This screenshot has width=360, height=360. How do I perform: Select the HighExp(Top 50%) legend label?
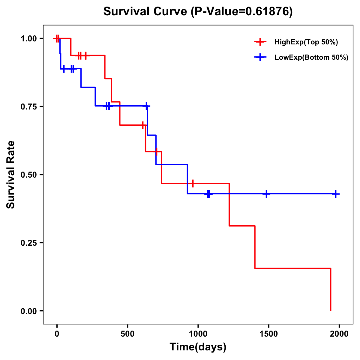[x=306, y=42]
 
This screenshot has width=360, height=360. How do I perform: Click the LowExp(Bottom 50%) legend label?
[x=311, y=58]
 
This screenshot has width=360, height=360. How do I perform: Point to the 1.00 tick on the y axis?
[x=28, y=39]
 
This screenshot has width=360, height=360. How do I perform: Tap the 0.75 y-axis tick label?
[x=28, y=106]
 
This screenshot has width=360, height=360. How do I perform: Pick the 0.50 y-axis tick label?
[x=28, y=175]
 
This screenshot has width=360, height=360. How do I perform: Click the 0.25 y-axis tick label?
[x=28, y=243]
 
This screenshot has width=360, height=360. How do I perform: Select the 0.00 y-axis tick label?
[x=28, y=311]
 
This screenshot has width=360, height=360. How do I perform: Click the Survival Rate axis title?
[x=11, y=175]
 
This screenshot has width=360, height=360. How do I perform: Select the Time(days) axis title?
[x=198, y=347]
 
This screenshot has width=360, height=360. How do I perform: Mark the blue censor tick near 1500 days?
[x=266, y=194]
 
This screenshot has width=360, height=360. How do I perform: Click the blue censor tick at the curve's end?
[x=336, y=194]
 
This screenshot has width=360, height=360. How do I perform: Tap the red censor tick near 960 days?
[x=193, y=183]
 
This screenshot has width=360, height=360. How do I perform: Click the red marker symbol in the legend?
[x=260, y=42]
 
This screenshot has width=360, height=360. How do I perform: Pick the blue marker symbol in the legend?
[x=260, y=58]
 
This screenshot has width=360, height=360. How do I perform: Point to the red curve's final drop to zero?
[x=331, y=289]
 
